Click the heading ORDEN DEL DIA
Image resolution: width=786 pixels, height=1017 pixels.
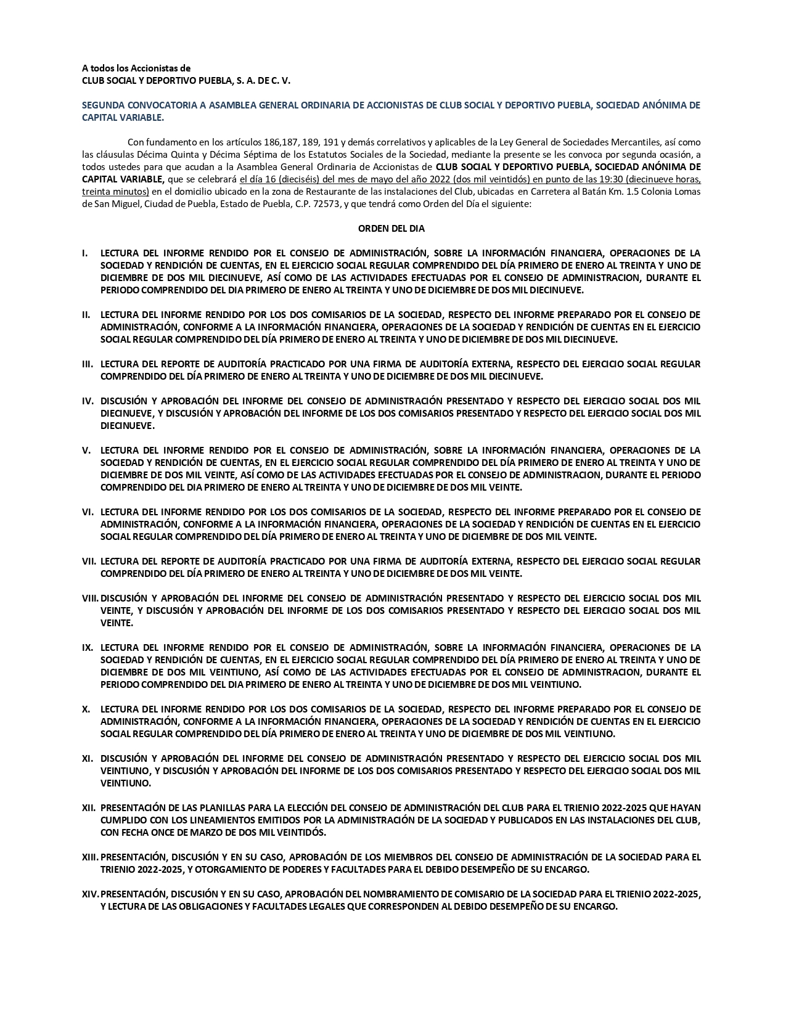(391, 228)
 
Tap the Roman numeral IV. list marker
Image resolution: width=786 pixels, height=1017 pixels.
(88, 401)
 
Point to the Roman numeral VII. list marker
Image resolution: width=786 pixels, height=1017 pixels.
(89, 561)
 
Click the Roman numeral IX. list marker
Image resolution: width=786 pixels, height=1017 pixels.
(88, 647)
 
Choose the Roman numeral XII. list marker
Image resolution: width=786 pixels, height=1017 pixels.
(89, 807)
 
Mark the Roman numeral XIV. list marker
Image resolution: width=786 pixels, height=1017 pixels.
(91, 894)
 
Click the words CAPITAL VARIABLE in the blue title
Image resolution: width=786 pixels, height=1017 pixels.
(123, 117)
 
